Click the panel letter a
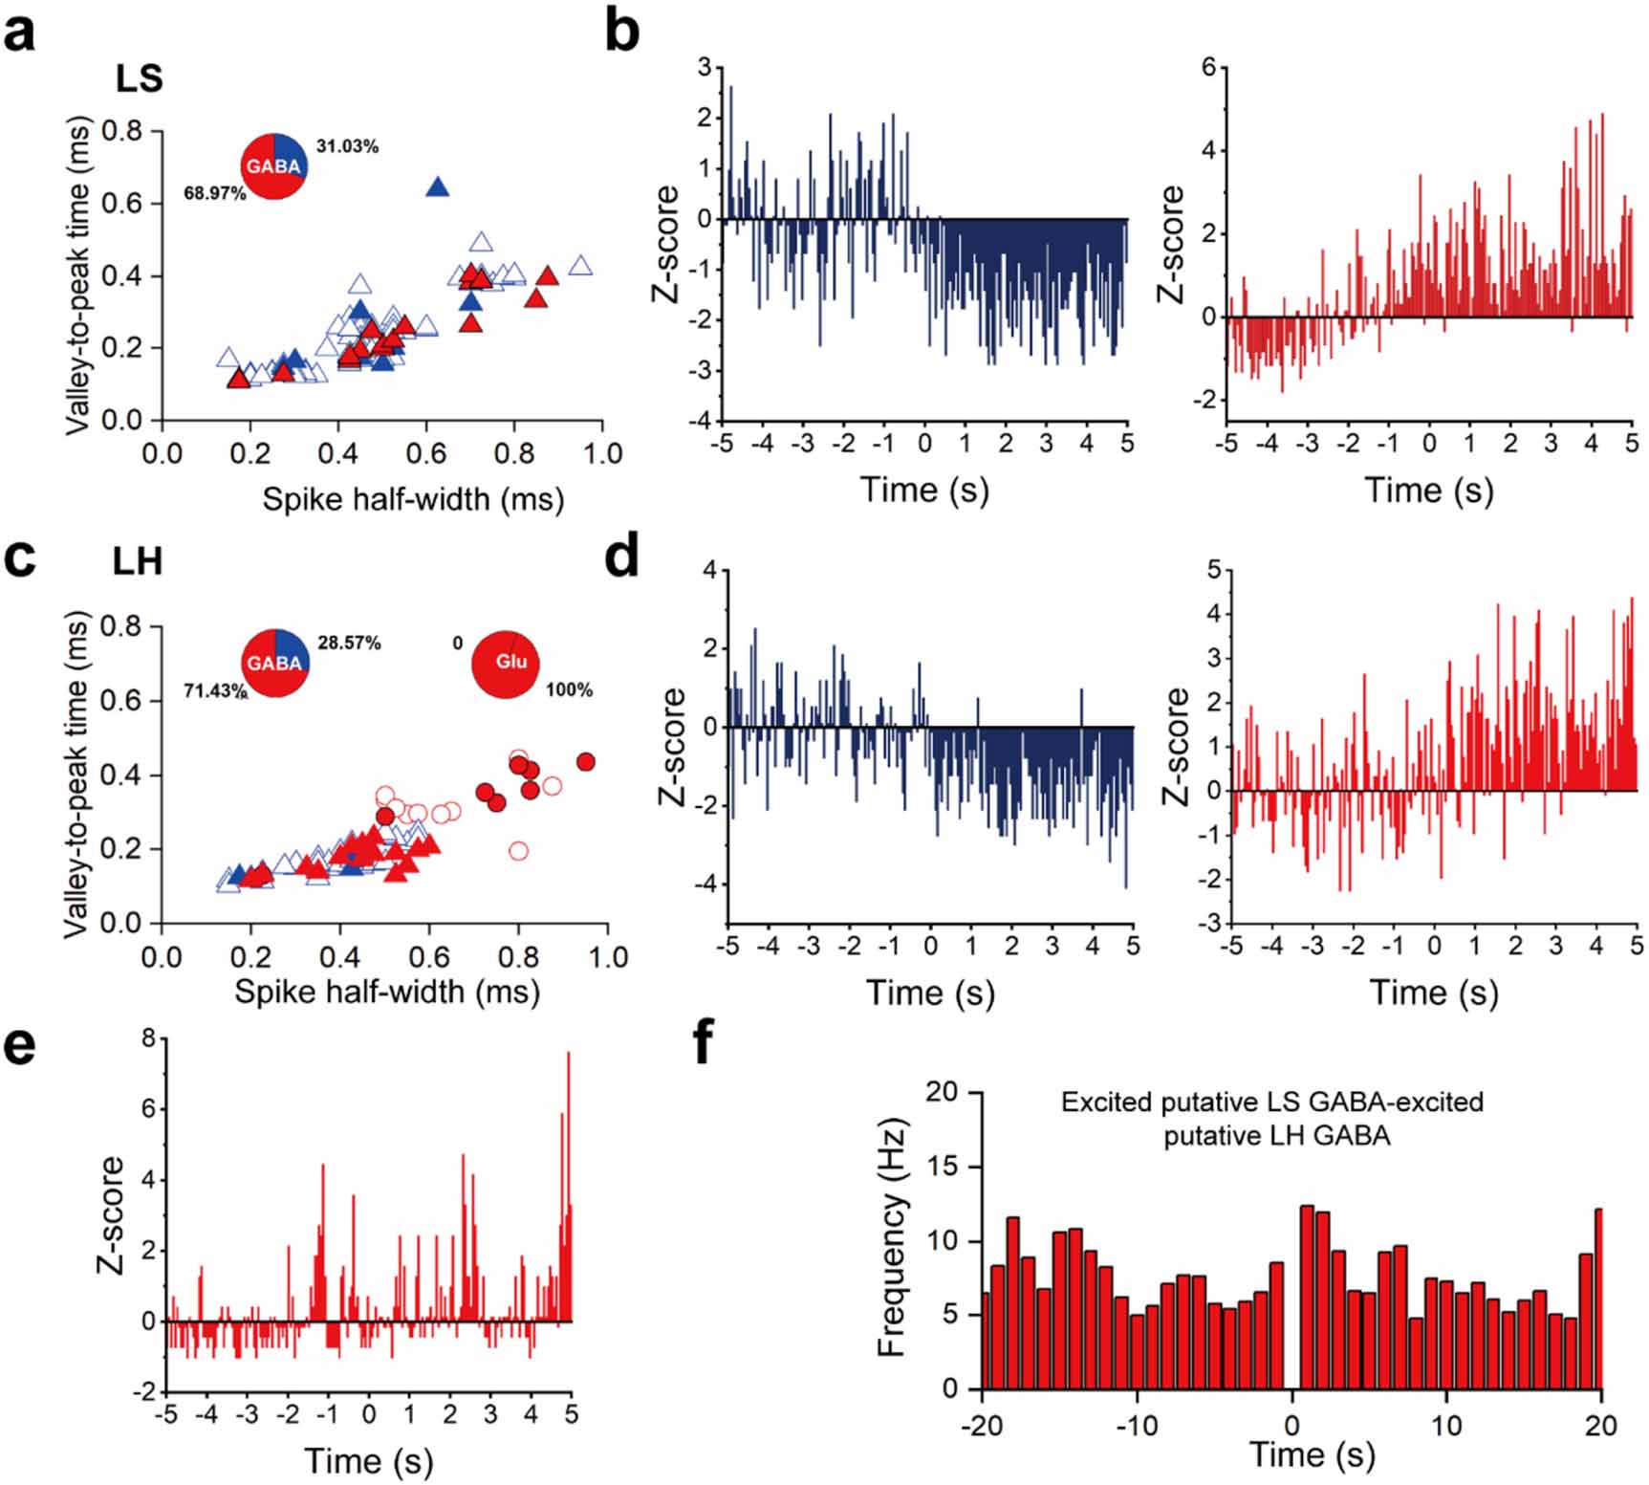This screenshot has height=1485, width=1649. tap(20, 33)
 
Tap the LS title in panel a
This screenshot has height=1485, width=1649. tap(139, 78)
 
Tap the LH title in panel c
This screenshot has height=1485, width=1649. tap(138, 561)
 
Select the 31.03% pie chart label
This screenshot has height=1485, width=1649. tap(347, 146)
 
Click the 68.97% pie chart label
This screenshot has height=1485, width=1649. tap(214, 193)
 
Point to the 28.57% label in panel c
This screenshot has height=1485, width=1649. tap(349, 643)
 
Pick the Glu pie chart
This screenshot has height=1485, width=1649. tap(506, 663)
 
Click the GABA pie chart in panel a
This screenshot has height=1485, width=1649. tap(274, 166)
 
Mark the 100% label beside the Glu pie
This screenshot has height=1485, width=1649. tap(569, 689)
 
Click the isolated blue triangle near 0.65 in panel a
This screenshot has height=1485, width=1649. tap(437, 187)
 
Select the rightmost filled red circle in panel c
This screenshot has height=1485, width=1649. tap(586, 762)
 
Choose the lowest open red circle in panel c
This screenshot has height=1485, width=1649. tap(518, 850)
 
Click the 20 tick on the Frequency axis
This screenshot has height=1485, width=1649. tap(942, 1092)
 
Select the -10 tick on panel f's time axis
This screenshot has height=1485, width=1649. tap(1137, 1426)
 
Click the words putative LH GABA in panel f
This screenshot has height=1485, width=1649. tap(1276, 1136)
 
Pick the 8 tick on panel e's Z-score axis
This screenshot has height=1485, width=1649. tap(148, 1037)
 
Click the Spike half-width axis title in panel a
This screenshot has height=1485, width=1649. tap(413, 498)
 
